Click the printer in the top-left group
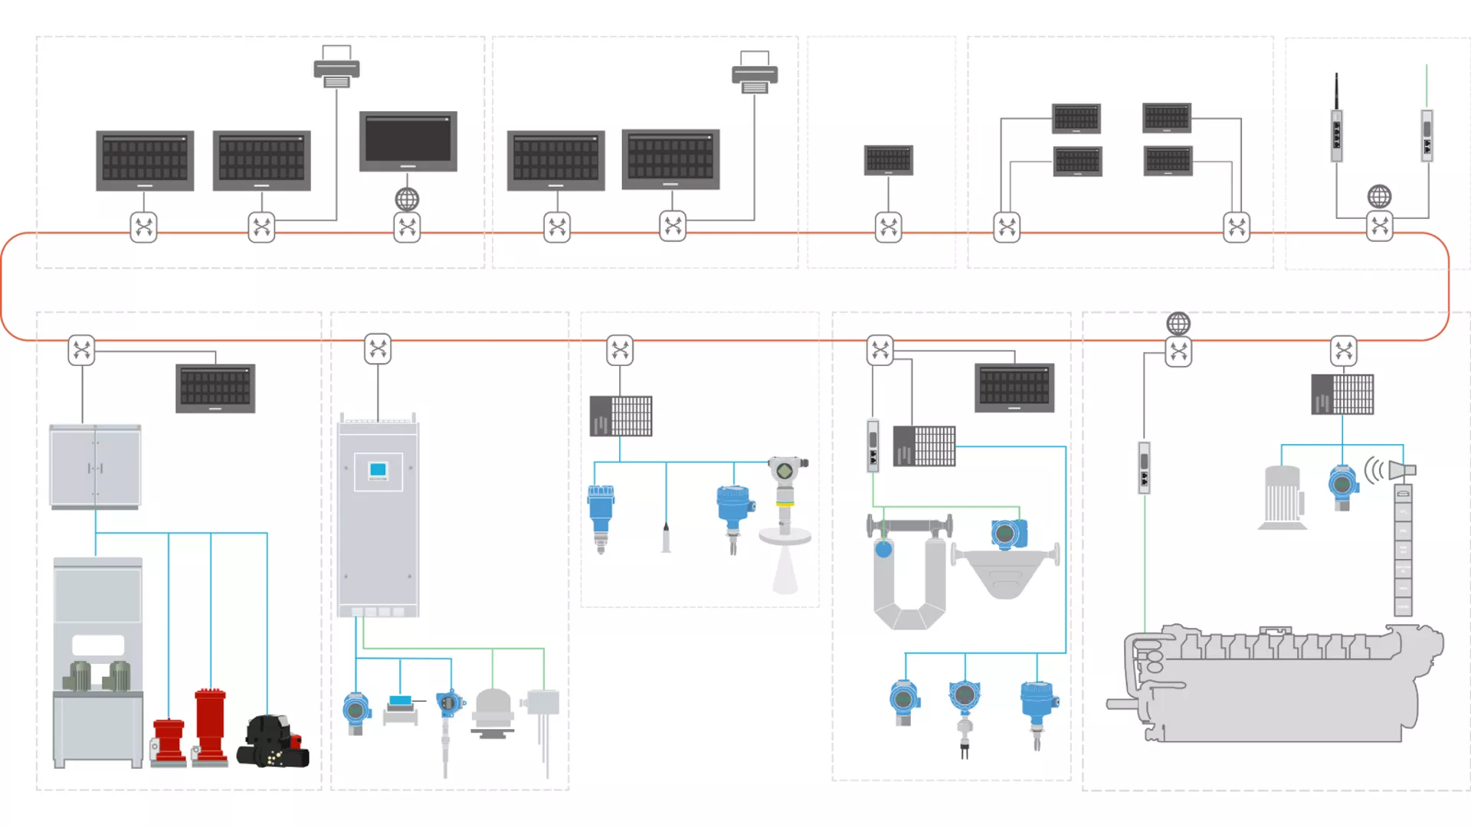[336, 67]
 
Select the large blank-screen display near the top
[408, 141]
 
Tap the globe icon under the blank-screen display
[407, 200]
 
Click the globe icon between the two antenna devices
[1379, 197]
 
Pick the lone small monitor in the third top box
[888, 160]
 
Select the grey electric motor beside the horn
[1283, 498]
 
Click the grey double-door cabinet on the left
[95, 466]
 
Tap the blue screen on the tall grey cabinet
[378, 470]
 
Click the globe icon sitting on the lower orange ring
[1178, 324]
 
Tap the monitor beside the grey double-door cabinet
[215, 388]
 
